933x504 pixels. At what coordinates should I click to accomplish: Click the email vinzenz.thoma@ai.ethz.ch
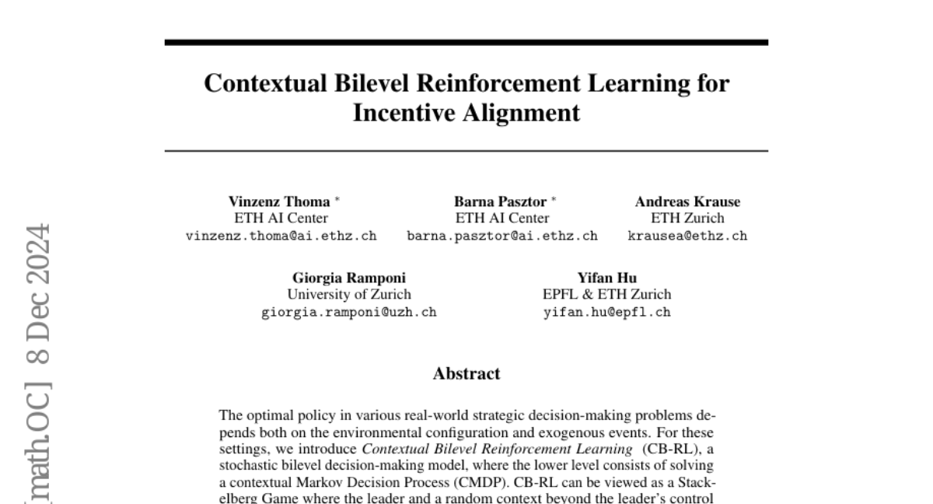(281, 236)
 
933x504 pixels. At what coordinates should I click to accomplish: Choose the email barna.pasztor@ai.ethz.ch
(502, 236)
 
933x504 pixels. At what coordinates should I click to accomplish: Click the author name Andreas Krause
(687, 201)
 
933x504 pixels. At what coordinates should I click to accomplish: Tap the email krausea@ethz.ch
(687, 236)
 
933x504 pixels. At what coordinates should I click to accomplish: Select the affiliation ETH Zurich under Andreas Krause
(687, 219)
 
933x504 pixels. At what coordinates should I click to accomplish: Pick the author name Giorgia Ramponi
(349, 278)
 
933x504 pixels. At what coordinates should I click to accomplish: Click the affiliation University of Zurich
(349, 295)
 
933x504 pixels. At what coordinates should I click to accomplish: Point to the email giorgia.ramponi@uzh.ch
(349, 313)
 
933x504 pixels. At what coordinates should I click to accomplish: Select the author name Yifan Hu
(606, 278)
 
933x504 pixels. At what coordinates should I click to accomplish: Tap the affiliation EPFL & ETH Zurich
(606, 295)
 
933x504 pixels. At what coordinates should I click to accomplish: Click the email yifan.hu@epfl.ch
(606, 313)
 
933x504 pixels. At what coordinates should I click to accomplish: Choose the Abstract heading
(466, 373)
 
